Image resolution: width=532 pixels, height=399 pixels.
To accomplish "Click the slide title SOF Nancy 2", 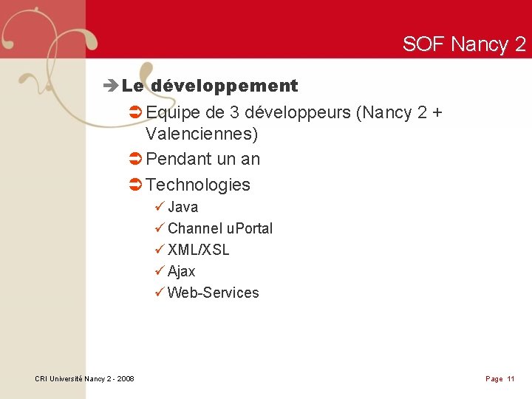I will point(464,44).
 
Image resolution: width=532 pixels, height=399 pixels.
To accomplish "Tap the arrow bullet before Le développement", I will point(112,86).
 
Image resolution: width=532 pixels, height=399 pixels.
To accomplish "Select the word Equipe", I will point(174,113).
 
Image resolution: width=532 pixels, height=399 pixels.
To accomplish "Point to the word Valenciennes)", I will point(202,134).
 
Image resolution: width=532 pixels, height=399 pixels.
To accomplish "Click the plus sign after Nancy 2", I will point(437,113).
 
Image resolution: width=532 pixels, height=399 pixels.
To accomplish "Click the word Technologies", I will point(198,185).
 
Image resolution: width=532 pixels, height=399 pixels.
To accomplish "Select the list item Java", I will point(183,207).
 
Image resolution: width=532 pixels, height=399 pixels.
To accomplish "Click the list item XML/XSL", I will point(198,250).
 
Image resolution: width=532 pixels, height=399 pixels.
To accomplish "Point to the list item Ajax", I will point(181,271).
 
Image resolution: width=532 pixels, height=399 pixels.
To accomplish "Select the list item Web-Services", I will point(213,293).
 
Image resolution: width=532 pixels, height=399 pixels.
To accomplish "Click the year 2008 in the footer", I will point(125,379).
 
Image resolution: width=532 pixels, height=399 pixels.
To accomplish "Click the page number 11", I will point(511,379).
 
